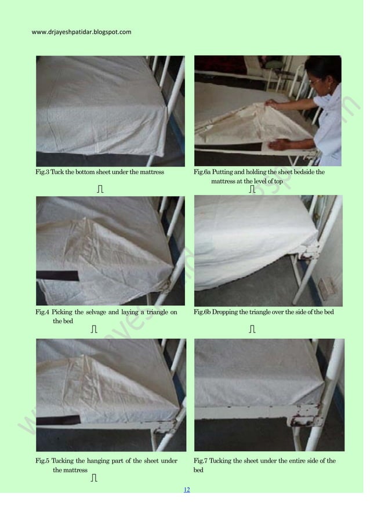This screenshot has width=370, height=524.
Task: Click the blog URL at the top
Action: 81,31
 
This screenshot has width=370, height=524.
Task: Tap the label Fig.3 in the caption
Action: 42,172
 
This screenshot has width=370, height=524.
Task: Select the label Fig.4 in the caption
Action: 42,313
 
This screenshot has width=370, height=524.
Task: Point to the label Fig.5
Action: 42,461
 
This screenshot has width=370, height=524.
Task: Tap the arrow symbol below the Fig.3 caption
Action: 100,189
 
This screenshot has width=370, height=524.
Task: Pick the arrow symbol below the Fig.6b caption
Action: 252,330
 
